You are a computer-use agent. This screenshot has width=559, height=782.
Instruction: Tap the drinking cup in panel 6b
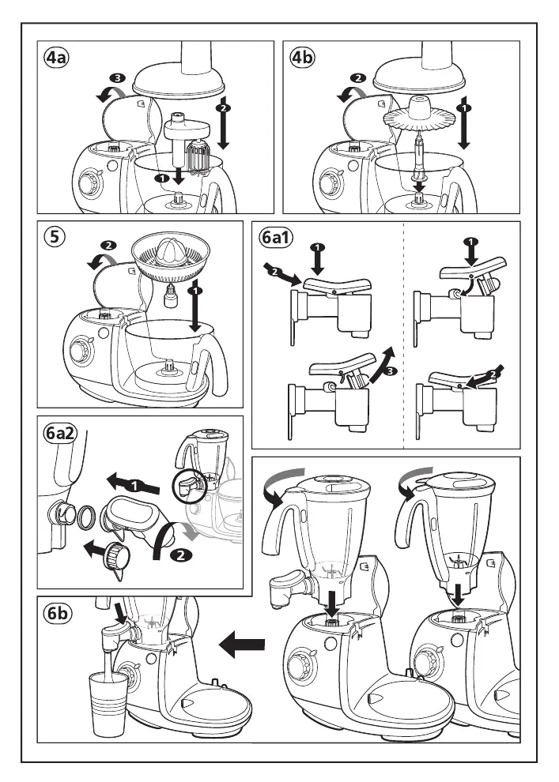click(109, 703)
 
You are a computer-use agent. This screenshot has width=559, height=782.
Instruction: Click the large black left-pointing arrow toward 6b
click(242, 646)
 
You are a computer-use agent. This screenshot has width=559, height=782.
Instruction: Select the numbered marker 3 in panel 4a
click(117, 78)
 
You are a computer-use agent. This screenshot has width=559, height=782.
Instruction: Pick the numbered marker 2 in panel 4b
click(358, 78)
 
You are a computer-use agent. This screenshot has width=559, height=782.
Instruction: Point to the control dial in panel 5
click(81, 351)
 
